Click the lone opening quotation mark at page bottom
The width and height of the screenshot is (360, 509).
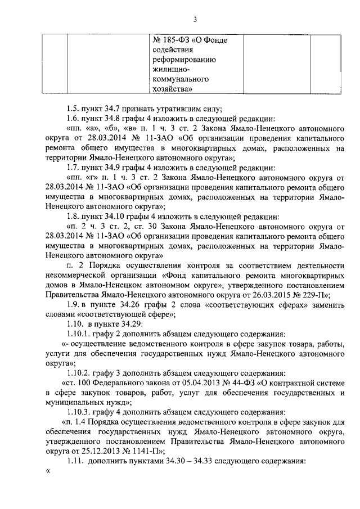(x=48, y=471)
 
